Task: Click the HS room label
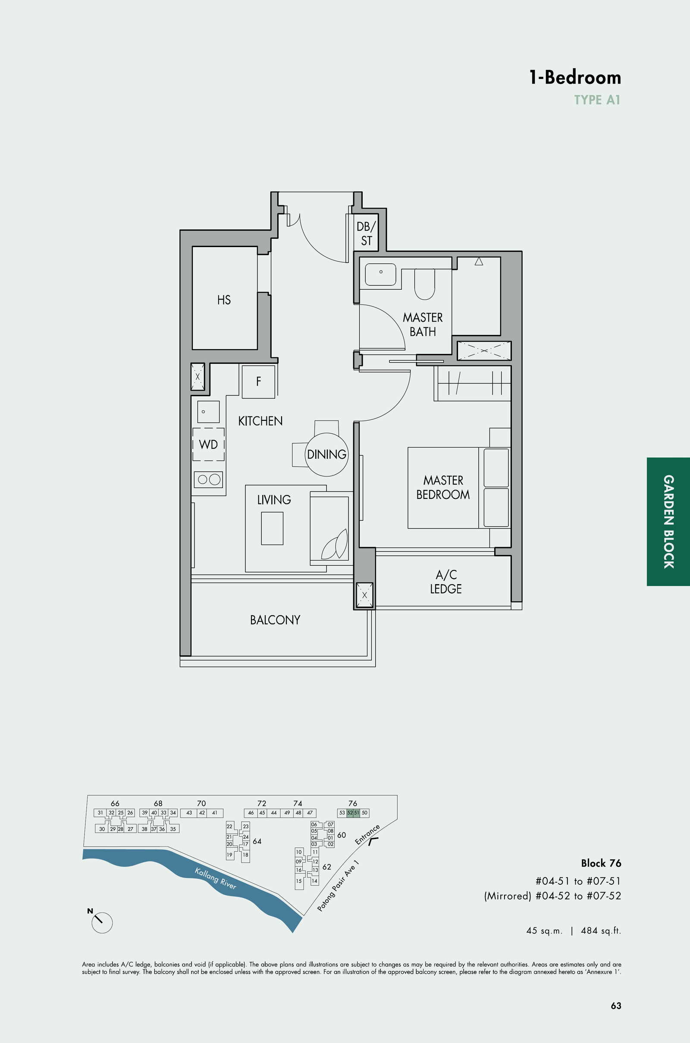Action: tap(223, 300)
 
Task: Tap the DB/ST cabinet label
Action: tap(366, 234)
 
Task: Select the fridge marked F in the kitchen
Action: tap(258, 382)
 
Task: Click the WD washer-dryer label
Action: tap(208, 444)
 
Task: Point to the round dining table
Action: tap(326, 455)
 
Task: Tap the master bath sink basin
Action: tap(380, 274)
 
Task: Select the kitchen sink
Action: tap(208, 412)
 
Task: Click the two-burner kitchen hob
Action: tap(209, 479)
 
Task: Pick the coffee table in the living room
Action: tap(272, 528)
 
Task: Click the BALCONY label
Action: tap(275, 620)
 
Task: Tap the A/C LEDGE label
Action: tap(446, 582)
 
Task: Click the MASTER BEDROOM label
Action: tap(443, 487)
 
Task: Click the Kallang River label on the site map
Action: tap(216, 878)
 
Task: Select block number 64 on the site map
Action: tap(257, 841)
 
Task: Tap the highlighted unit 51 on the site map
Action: tap(357, 813)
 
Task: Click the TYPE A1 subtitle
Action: tap(597, 100)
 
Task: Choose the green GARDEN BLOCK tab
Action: tap(668, 522)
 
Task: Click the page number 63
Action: tap(616, 1005)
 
